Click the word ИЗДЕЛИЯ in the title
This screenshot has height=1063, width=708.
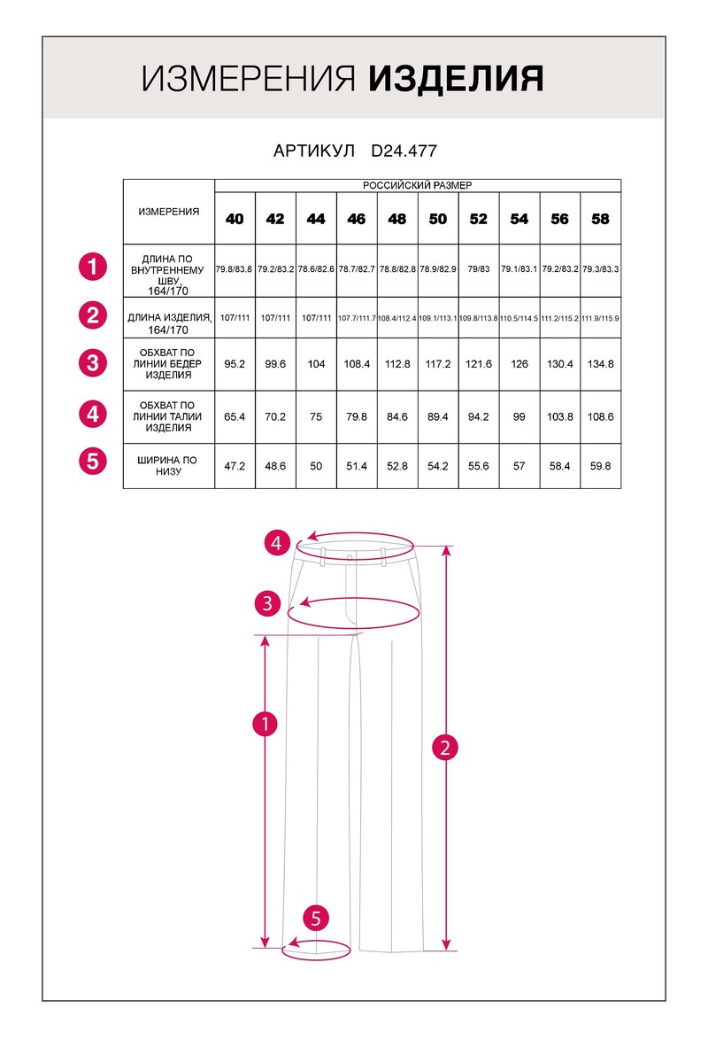pyautogui.click(x=455, y=79)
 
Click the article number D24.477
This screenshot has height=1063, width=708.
pyautogui.click(x=404, y=151)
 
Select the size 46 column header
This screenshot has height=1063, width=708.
pyautogui.click(x=357, y=219)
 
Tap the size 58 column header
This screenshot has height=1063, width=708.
pyautogui.click(x=600, y=219)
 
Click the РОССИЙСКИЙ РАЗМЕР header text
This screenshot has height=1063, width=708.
pyautogui.click(x=418, y=186)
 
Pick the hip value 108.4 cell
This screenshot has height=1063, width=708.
pyautogui.click(x=357, y=364)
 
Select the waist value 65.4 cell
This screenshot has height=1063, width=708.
pyautogui.click(x=235, y=416)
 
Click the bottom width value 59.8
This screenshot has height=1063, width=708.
pyautogui.click(x=600, y=466)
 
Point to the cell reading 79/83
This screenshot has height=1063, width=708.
pyautogui.click(x=479, y=268)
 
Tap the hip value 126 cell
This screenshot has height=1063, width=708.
pyautogui.click(x=519, y=364)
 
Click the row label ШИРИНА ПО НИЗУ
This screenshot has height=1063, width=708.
pyautogui.click(x=168, y=466)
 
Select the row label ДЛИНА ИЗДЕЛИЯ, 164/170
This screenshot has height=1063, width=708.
pyautogui.click(x=168, y=323)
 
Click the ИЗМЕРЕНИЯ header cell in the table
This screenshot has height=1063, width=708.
pyautogui.click(x=168, y=212)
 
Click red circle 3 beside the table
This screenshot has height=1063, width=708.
pyautogui.click(x=92, y=362)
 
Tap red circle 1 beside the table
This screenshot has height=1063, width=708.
pyautogui.click(x=92, y=266)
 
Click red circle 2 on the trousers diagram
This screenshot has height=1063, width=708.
pyautogui.click(x=445, y=747)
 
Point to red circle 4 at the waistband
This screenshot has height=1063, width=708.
pyautogui.click(x=277, y=543)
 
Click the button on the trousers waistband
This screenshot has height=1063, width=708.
pyautogui.click(x=350, y=556)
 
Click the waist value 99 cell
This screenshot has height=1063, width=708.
pyautogui.click(x=519, y=416)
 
